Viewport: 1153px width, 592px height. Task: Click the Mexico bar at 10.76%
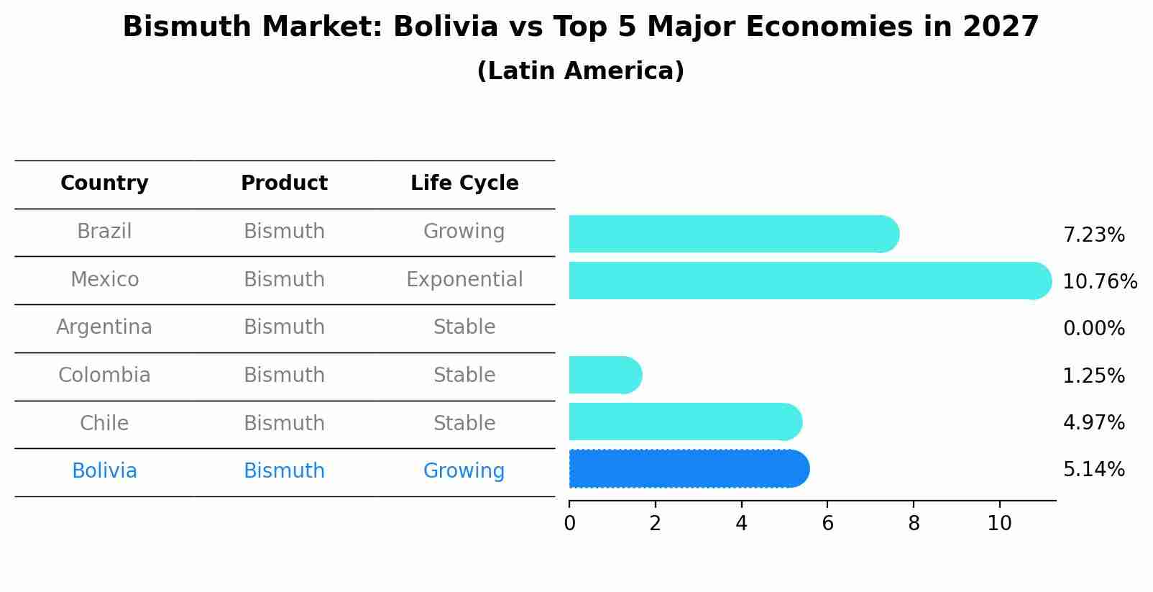[805, 281]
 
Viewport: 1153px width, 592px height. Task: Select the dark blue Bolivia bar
[686, 469]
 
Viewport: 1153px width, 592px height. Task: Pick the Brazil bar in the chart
[730, 234]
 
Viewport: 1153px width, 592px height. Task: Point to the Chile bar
[683, 422]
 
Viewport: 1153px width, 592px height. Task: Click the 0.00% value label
[1093, 329]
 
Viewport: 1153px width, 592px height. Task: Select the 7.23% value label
[1093, 235]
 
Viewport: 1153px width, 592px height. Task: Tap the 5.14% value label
[1093, 470]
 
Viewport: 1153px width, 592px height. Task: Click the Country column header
[104, 183]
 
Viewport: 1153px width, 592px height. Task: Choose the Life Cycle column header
[464, 183]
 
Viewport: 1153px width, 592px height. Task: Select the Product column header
[284, 183]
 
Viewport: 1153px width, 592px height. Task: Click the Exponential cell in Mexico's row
[464, 279]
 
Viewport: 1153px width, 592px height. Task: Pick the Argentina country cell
[104, 327]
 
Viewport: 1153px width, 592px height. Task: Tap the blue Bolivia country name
[104, 471]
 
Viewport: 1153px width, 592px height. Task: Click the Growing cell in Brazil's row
[464, 232]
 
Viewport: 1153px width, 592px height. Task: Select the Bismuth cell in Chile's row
[284, 423]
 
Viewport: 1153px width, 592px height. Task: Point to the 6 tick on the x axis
[827, 523]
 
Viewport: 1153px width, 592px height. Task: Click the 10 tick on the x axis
[999, 523]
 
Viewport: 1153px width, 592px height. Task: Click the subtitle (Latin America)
[580, 71]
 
